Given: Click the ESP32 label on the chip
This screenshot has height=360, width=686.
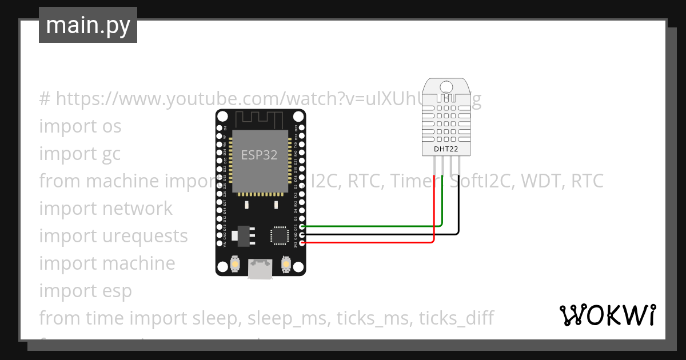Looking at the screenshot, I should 259,155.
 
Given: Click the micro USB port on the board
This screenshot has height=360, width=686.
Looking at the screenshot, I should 260,269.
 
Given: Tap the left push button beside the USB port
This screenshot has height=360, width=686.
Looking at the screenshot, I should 234,264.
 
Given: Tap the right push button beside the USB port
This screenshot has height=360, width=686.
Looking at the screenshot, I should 286,264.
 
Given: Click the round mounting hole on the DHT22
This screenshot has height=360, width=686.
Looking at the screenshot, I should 446,86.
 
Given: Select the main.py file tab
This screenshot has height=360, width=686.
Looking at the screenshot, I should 88,25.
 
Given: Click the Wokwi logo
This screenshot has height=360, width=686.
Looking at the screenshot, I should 607,315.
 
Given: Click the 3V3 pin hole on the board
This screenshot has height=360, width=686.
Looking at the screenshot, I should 302,243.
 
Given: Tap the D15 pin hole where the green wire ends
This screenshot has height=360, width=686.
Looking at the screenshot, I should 302,227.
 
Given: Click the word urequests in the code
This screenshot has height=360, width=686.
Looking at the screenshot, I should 145,235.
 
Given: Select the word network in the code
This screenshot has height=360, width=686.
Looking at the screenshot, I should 137,208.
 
